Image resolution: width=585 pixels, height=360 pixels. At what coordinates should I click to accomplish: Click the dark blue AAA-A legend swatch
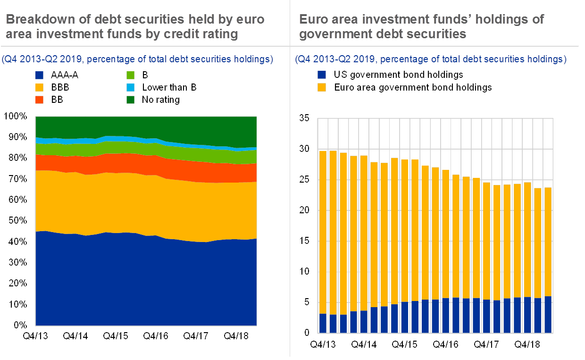[x=40, y=75]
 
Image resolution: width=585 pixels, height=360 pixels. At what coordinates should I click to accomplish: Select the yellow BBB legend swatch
[x=40, y=87]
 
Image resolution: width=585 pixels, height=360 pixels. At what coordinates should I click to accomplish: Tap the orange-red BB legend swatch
[x=40, y=100]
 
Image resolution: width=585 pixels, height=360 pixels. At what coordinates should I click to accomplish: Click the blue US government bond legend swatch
[x=322, y=75]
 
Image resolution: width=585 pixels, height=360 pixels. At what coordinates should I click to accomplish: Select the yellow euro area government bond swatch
[x=322, y=87]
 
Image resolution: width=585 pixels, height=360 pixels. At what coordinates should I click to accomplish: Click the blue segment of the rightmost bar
[x=548, y=314]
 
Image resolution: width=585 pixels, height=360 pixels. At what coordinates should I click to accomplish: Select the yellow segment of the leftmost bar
[x=323, y=231]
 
